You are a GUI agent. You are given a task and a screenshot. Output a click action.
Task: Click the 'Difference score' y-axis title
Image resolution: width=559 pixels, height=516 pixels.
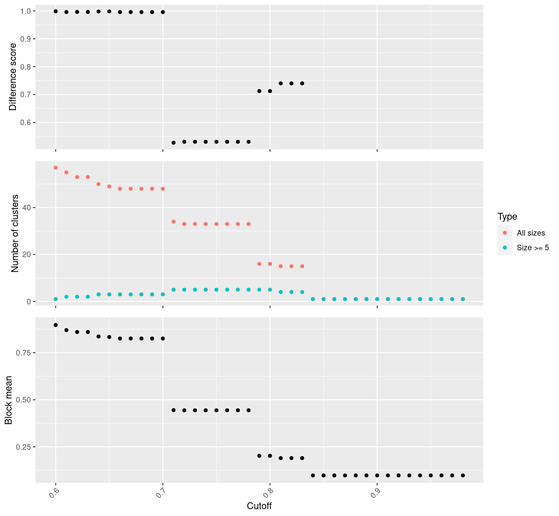coord(13,77)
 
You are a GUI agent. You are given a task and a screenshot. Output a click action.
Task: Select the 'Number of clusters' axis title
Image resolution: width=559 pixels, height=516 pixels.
coord(15,233)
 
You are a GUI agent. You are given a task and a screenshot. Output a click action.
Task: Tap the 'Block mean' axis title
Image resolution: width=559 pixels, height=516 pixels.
coord(9,400)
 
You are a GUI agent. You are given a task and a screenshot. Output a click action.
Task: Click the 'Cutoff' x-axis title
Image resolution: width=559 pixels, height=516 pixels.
coord(259,506)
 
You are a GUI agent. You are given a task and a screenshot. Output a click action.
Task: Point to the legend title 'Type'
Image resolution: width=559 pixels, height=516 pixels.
coord(507,217)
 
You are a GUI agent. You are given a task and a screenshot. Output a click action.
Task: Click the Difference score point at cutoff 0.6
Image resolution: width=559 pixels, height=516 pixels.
coord(55,11)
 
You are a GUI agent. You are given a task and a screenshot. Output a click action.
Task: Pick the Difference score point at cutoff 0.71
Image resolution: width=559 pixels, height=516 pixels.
coord(174,142)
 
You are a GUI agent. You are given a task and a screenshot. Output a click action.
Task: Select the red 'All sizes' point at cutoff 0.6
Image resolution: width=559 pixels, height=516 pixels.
coord(55,168)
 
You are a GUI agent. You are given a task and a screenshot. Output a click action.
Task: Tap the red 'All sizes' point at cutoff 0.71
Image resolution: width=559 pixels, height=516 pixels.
coord(174,221)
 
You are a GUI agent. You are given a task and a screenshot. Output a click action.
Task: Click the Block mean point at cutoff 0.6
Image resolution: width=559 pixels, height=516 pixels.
coord(55,325)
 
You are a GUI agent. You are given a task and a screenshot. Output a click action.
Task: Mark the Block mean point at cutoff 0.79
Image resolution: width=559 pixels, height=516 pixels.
coord(259,456)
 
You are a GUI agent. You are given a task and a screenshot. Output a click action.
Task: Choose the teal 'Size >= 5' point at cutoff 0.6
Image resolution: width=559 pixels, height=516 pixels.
coord(55,299)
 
